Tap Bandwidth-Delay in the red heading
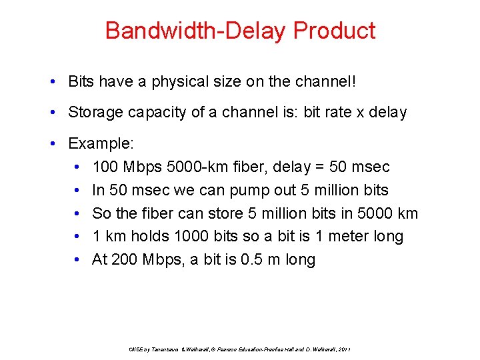(196, 31)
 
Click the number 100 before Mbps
(105, 167)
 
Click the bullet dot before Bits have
(52, 83)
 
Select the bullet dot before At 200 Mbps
(78, 261)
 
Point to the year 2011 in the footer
(344, 349)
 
